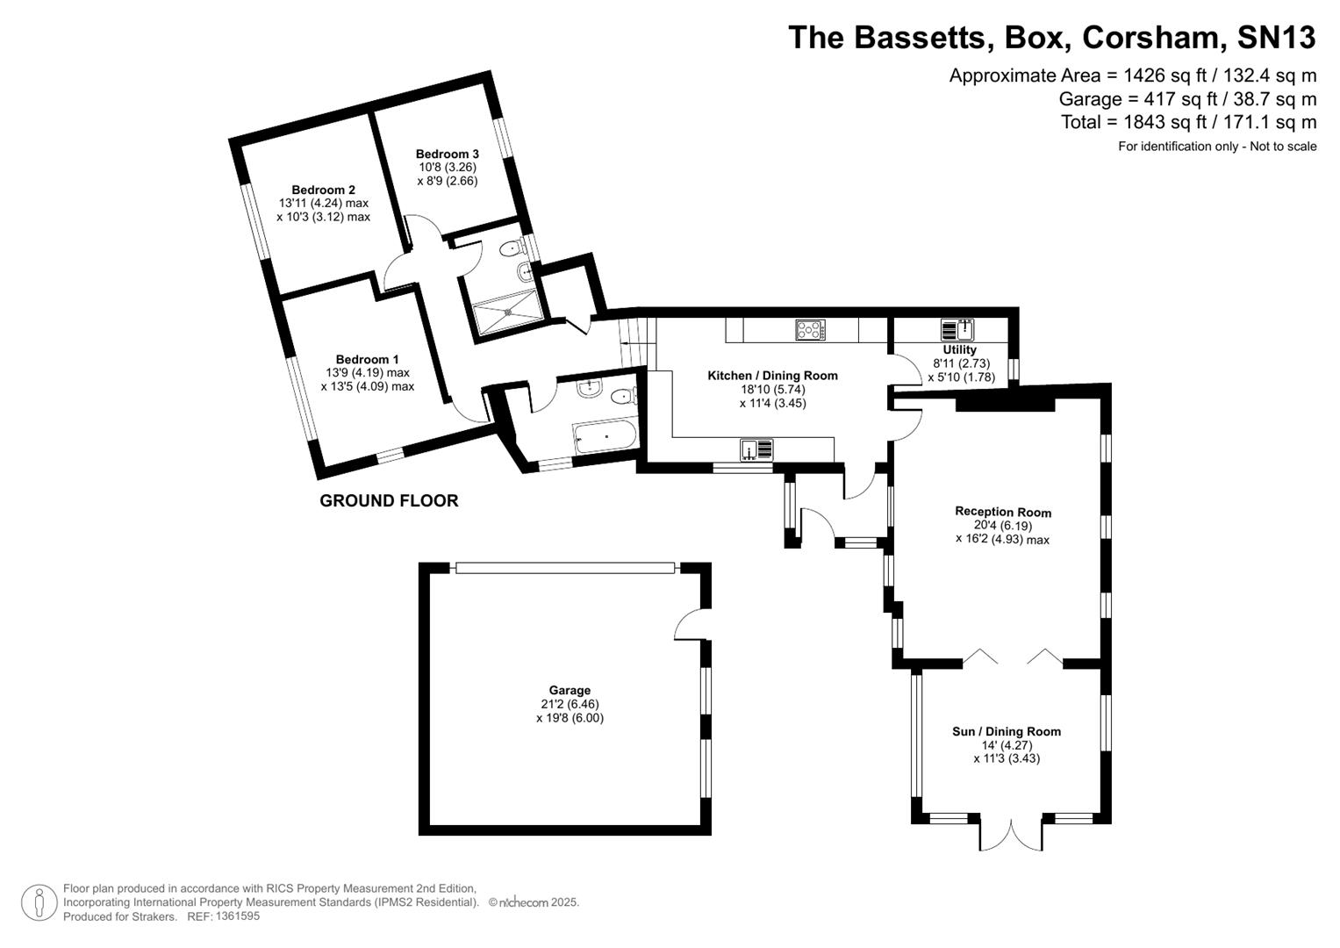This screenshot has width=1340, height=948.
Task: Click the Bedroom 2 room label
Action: tap(323, 190)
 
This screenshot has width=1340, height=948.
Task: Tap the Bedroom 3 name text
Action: tap(447, 154)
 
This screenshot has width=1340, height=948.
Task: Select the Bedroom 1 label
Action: tap(367, 359)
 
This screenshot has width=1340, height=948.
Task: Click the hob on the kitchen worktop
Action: tap(810, 330)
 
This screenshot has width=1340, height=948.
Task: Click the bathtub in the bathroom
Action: tap(605, 436)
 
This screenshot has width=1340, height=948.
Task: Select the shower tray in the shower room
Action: tap(508, 312)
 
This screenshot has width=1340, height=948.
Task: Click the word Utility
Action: tap(959, 349)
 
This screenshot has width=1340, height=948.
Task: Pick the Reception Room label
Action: tap(1002, 512)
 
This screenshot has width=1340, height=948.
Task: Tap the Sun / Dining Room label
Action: tap(1006, 731)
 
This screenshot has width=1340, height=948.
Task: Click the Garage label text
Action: tap(570, 690)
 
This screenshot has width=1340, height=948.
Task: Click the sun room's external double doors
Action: tap(1011, 836)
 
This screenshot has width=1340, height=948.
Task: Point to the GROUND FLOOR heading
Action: tap(389, 501)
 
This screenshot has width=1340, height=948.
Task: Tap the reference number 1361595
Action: tap(236, 916)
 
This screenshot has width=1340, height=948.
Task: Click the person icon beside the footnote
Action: tap(39, 902)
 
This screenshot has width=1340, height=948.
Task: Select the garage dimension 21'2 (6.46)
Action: tap(570, 704)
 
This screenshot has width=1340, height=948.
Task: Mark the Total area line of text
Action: tap(1188, 122)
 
